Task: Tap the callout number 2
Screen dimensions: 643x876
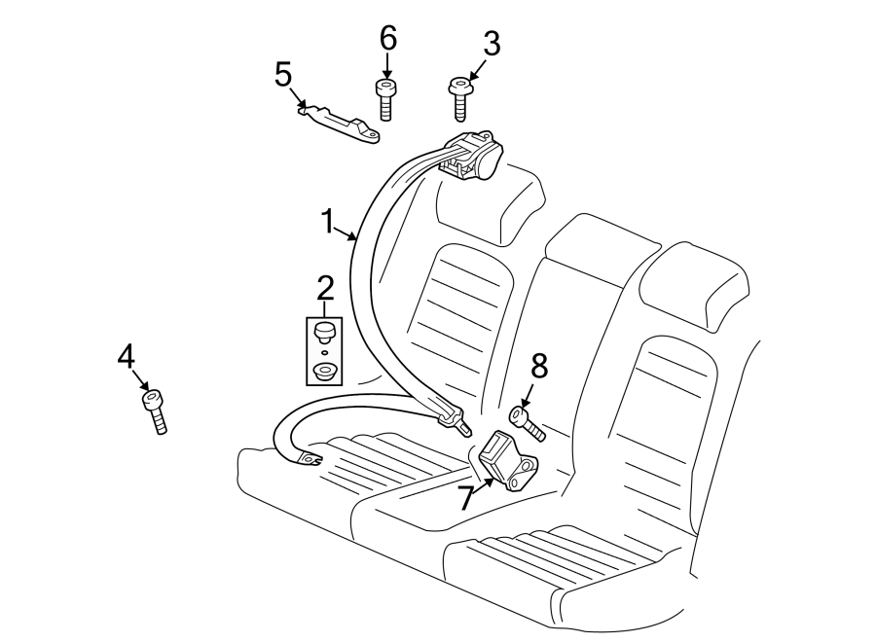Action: click(324, 287)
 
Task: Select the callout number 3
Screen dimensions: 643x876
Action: click(492, 44)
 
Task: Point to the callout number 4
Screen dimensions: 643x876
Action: click(126, 357)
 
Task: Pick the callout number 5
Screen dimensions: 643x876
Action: click(283, 74)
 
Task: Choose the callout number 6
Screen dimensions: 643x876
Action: click(387, 39)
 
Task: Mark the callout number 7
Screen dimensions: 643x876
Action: click(466, 499)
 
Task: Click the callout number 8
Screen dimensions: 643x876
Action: click(539, 366)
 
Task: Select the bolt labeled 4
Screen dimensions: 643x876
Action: click(156, 410)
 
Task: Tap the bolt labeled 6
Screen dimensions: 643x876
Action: click(384, 98)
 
